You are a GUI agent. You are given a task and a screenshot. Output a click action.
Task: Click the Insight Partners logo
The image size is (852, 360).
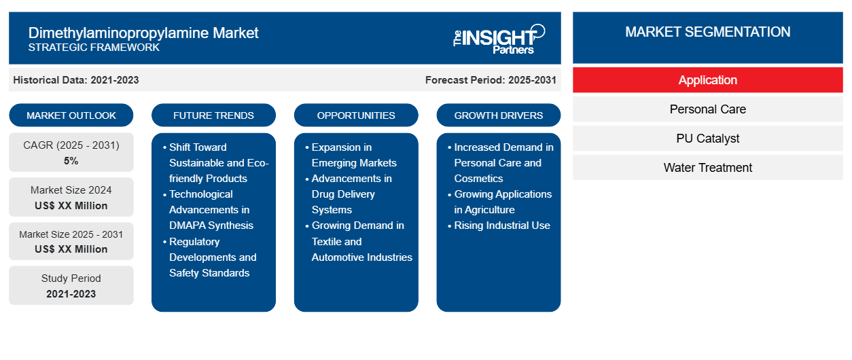[499, 39]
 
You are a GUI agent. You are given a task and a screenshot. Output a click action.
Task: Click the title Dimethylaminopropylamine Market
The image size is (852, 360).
[143, 33]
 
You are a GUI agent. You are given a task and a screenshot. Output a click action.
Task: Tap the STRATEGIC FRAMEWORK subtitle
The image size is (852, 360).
[94, 48]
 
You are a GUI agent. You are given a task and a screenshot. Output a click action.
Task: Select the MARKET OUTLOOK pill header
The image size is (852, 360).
[71, 115]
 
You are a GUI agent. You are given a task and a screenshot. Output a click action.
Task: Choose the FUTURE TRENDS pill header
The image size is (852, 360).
[213, 115]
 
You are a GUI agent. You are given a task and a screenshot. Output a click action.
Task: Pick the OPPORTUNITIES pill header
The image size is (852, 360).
[356, 115]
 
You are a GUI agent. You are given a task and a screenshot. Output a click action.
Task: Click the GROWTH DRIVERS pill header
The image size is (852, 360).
[498, 115]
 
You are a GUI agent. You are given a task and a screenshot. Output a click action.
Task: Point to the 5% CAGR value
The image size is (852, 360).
[71, 161]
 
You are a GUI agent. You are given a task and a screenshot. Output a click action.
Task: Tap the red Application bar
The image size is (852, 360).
[707, 80]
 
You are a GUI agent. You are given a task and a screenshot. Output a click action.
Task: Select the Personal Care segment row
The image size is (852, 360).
[707, 109]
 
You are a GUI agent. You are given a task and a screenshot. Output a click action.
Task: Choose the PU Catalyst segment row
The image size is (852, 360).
[707, 139]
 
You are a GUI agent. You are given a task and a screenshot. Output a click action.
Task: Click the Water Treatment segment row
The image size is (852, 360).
[707, 167]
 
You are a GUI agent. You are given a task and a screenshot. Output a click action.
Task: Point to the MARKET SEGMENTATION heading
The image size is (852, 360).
[707, 32]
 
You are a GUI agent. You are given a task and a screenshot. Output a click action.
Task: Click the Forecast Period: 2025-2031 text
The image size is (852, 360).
[491, 80]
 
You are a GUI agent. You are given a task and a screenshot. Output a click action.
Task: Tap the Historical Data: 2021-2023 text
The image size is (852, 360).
[76, 80]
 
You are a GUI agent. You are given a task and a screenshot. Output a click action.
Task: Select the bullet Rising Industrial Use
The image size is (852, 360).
[501, 226]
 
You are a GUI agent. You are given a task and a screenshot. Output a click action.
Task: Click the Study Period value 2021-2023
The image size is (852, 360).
[71, 294]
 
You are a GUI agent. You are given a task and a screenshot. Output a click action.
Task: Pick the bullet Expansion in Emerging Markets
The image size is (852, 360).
[354, 155]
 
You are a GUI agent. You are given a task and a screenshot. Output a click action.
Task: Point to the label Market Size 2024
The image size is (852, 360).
[71, 190]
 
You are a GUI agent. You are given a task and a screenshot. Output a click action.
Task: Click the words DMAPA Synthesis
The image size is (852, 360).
[211, 226]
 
